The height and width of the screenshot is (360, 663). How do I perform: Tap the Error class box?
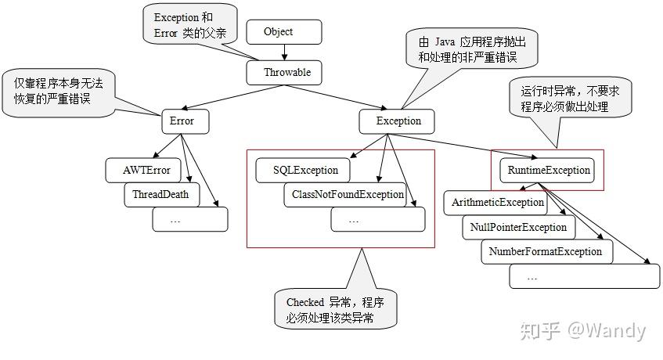182,121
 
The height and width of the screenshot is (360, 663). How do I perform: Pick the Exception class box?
398,121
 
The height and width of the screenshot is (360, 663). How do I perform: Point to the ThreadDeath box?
161,195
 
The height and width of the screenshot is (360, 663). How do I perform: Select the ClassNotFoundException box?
347,195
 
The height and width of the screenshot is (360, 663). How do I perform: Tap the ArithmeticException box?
497,203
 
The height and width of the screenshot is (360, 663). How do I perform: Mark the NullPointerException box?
518,228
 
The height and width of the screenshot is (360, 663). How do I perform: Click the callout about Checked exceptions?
336,309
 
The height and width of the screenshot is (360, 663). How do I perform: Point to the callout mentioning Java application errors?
466,49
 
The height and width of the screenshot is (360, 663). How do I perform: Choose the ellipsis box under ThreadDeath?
189,220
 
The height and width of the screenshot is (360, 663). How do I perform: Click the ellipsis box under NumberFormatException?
583,276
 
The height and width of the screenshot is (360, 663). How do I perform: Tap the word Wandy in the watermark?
615,330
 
